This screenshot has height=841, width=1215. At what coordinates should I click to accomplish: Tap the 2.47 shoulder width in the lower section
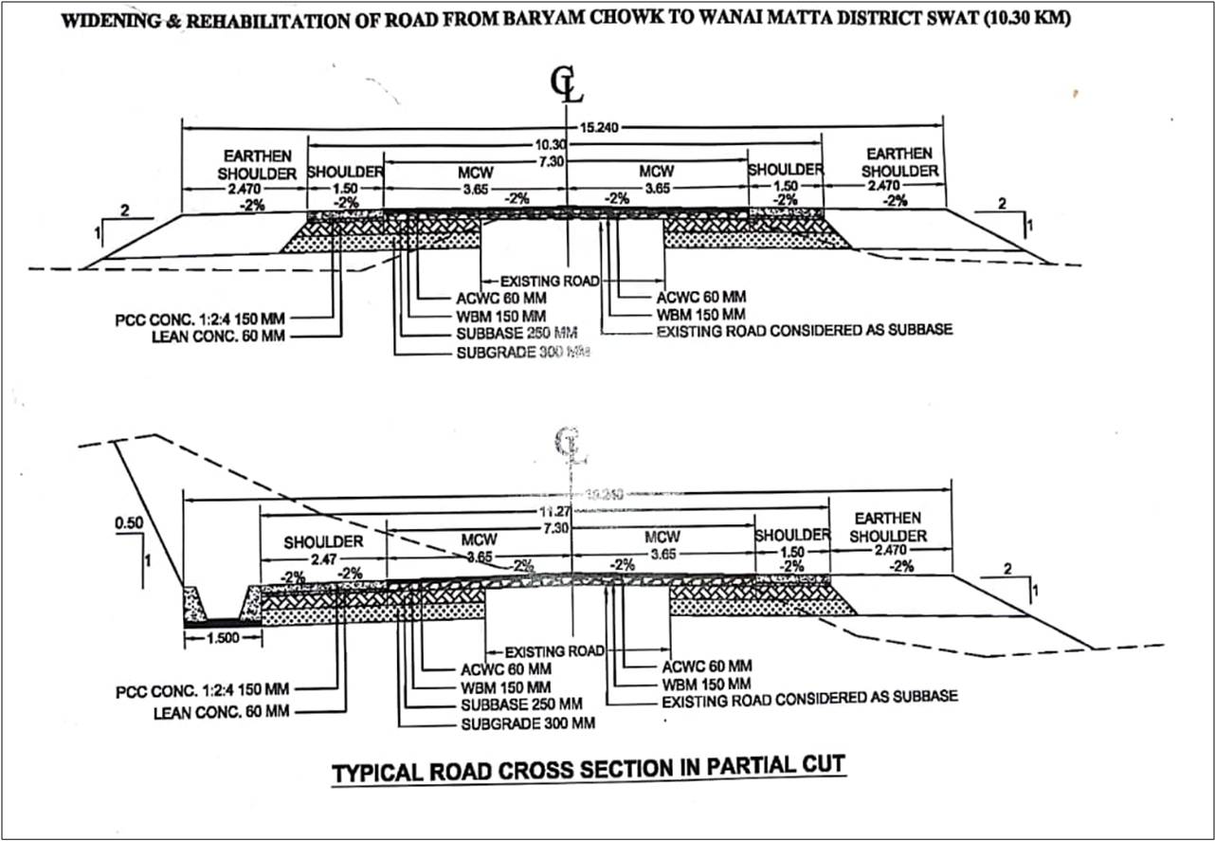pyautogui.click(x=323, y=559)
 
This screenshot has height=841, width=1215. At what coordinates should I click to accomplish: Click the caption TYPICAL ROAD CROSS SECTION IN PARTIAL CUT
pyautogui.click(x=588, y=771)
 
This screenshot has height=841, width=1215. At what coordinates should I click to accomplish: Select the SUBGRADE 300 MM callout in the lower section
pyautogui.click(x=529, y=723)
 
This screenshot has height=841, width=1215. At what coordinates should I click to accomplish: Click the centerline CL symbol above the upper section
pyautogui.click(x=568, y=84)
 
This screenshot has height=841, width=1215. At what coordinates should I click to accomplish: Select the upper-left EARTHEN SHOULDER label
pyautogui.click(x=258, y=163)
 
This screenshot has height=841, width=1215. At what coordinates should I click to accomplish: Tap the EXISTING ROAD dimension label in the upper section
pyautogui.click(x=550, y=281)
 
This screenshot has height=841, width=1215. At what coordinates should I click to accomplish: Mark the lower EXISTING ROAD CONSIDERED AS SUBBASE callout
pyautogui.click(x=809, y=697)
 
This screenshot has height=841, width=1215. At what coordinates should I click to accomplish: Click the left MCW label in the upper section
pyautogui.click(x=471, y=172)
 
